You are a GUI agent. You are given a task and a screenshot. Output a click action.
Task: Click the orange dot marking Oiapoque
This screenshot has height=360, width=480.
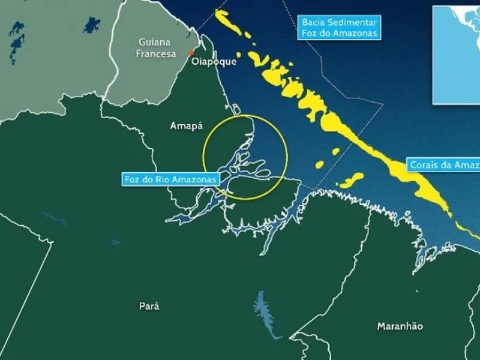pyautogui.click(x=191, y=52)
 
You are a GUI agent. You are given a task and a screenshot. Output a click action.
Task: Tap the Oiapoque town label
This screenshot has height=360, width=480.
pyautogui.click(x=214, y=61)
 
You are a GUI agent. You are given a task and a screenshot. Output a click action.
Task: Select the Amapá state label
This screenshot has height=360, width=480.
pyautogui.click(x=187, y=126)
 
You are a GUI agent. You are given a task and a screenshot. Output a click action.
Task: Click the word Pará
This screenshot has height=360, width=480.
pyautogui.click(x=149, y=306)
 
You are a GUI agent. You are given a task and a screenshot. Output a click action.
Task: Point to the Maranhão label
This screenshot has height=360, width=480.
pyautogui.click(x=400, y=326)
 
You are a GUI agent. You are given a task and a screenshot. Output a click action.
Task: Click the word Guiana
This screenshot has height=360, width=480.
pyautogui.click(x=154, y=42)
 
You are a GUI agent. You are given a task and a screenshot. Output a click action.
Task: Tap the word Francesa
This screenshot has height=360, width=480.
pyautogui.click(x=156, y=54)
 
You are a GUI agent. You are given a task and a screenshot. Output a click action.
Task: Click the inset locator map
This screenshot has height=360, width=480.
pyautogui.click(x=456, y=54)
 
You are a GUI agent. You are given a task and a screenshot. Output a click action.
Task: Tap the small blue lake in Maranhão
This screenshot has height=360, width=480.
pyautogui.click(x=264, y=315)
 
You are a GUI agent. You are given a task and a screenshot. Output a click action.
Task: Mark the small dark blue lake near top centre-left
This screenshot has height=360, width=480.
pyautogui.click(x=92, y=25)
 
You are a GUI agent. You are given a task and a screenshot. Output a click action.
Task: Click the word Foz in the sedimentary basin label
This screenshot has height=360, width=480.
pyautogui.click(x=310, y=34)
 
